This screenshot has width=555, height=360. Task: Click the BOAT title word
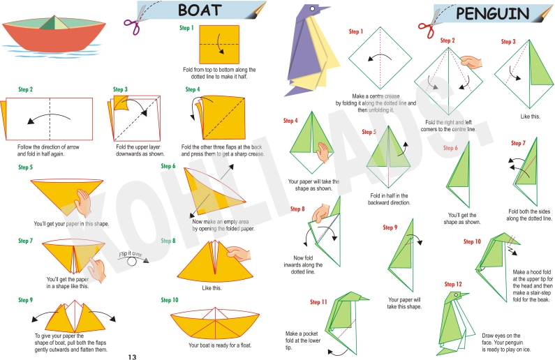(x=200, y=10)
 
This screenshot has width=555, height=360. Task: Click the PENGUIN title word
(x=492, y=14)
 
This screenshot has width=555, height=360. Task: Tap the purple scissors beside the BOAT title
(x=135, y=20)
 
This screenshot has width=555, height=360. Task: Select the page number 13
(x=132, y=357)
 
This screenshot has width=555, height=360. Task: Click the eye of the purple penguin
(x=313, y=9)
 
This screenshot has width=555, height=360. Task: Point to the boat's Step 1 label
(x=186, y=28)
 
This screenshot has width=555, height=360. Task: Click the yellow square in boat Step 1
(x=219, y=45)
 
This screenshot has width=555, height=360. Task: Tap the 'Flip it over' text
(x=131, y=254)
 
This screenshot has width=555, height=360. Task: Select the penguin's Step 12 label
(x=453, y=285)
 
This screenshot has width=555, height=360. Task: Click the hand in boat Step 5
(x=83, y=203)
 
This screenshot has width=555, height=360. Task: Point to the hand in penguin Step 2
(x=471, y=62)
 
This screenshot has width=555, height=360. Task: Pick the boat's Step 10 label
(x=170, y=300)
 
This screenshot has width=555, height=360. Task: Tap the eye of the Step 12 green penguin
(x=457, y=294)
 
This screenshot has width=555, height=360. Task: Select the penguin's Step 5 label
(x=369, y=132)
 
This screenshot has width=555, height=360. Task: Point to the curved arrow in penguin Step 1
(x=380, y=57)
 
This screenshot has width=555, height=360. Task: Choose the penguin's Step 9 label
(x=390, y=227)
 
